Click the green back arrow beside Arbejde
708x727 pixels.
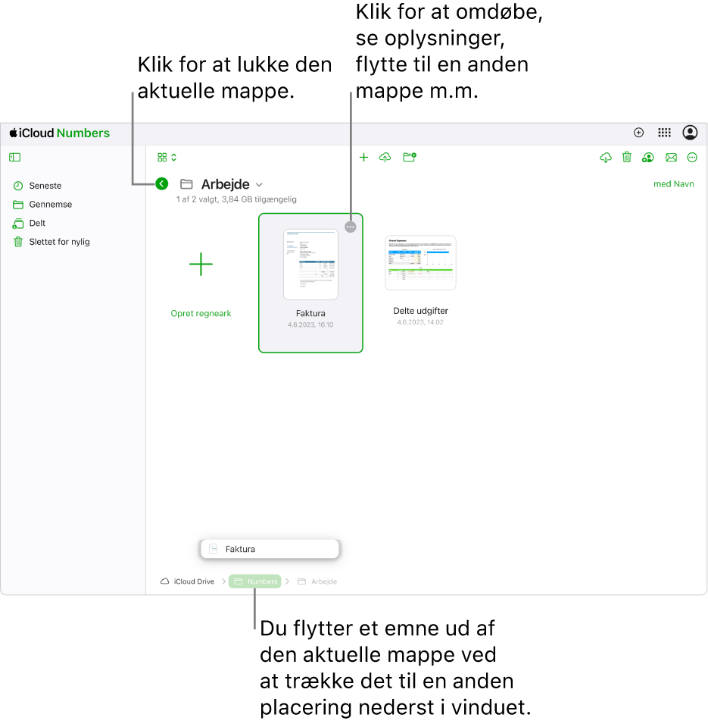coord(161,183)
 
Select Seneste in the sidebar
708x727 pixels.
coord(45,186)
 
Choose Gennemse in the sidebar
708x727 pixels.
coord(50,205)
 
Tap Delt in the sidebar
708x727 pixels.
coord(37,224)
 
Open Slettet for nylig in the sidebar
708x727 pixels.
coord(59,243)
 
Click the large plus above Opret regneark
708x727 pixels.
coord(201,265)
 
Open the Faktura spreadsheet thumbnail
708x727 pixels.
coord(310,265)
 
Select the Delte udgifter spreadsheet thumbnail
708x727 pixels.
coord(420,262)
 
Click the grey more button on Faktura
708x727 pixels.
coord(350,227)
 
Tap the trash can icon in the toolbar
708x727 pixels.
coord(627,158)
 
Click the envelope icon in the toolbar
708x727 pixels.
coord(671,158)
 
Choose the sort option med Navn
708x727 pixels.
coord(673,184)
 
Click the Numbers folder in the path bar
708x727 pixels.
coord(255,581)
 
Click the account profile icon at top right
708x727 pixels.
coord(690,133)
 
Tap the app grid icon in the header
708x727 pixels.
coord(664,133)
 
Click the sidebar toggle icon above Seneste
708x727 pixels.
coord(15,158)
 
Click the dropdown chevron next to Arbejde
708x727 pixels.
coord(260,184)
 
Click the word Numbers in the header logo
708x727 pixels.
coord(83,133)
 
